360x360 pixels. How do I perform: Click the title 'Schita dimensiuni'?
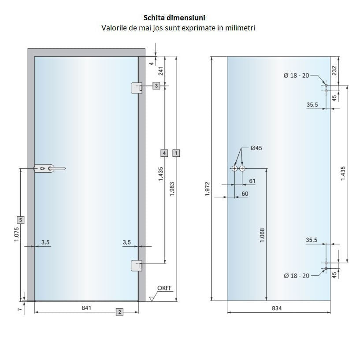point(174,18)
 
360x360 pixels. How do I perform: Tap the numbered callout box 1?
point(176,153)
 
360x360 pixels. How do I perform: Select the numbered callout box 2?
point(119,312)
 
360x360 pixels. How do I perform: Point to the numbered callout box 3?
point(156,85)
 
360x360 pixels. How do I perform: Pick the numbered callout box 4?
point(164,153)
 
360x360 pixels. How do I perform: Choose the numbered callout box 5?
point(20,220)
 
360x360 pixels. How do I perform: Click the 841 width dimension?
point(86,308)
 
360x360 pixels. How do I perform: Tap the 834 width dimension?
point(277,308)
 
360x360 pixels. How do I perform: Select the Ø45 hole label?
point(256,148)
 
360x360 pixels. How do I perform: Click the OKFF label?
point(164,288)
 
